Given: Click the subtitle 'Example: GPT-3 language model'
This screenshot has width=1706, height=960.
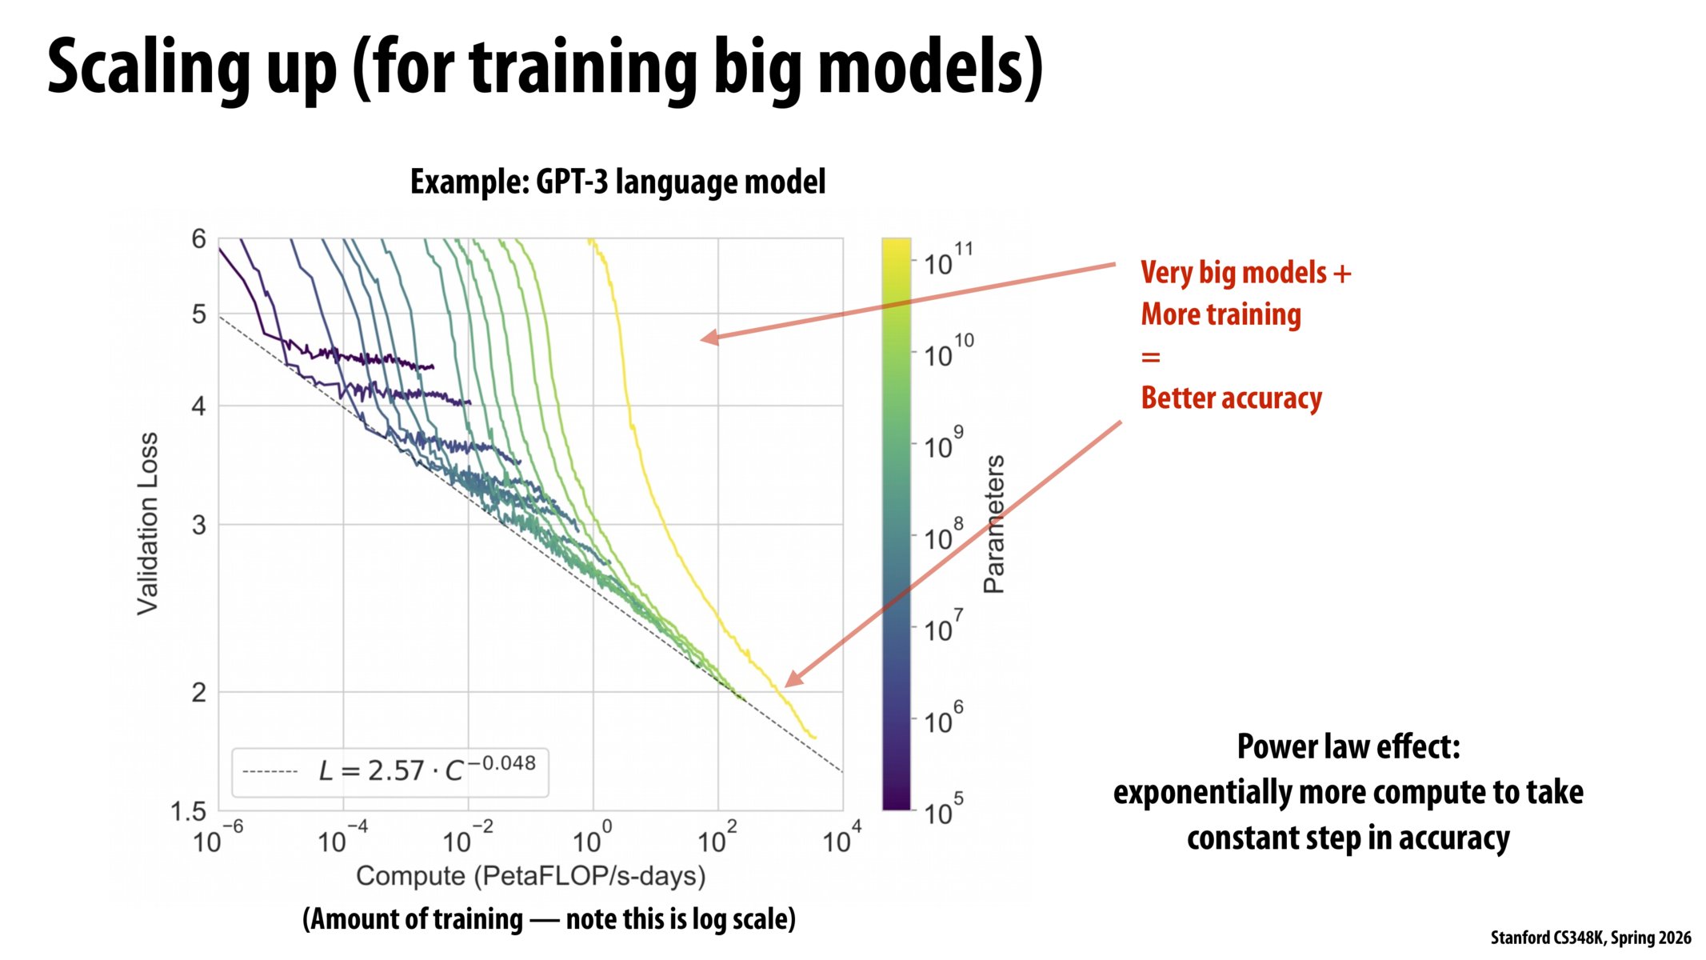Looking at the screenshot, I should point(617,182).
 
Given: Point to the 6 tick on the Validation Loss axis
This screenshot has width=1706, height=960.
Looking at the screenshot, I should point(198,238).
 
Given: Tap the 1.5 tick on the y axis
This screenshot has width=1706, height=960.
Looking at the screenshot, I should point(189,812).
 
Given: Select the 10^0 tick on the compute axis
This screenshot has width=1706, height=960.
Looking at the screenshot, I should point(592,839).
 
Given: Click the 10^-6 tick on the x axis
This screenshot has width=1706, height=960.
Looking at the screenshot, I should point(217,839).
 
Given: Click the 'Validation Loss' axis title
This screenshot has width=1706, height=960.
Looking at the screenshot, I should point(148,524).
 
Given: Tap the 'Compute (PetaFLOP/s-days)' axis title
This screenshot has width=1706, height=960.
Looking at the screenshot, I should point(530,876).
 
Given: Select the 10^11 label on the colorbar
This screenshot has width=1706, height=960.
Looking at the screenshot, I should point(947,261).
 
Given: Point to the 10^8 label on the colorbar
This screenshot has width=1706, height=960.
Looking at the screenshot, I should point(943,537).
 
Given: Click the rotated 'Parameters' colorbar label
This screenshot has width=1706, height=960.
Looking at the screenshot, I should point(993,524).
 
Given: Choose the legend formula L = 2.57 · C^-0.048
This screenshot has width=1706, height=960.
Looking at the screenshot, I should point(426,770).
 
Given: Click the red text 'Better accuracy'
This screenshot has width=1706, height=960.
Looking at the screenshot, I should point(1231,398).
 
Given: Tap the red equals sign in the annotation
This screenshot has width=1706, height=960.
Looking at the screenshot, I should point(1150,357).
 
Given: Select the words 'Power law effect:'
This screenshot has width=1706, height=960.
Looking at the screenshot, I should point(1348,746).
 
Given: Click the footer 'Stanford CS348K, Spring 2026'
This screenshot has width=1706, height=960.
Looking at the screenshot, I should point(1590,938).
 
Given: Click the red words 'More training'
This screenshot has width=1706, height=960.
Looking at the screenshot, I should point(1221,314).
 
